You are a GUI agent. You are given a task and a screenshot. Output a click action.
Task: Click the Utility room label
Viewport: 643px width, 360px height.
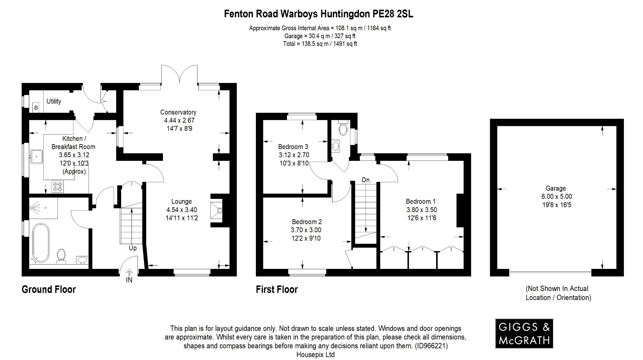[54, 101]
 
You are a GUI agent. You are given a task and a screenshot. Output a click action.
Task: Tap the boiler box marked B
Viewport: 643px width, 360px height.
[36, 108]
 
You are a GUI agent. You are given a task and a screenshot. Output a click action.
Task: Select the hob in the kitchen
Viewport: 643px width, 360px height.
[57, 187]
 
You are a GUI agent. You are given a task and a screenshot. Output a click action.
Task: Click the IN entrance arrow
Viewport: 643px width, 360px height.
[129, 273]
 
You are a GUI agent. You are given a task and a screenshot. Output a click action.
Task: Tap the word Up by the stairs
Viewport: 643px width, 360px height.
[132, 248]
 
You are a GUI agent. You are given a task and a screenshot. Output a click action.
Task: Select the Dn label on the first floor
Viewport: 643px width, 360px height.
[365, 180]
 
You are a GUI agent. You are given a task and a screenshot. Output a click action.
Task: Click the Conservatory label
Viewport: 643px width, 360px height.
[178, 112]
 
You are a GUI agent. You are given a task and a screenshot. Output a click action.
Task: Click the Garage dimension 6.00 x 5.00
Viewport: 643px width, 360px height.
[555, 197]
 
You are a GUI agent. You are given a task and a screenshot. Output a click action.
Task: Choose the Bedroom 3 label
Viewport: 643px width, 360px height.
[293, 147]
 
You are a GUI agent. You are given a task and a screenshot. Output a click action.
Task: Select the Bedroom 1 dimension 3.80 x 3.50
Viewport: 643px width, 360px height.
[421, 210]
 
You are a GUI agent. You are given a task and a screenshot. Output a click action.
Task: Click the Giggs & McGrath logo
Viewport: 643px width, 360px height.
[524, 333]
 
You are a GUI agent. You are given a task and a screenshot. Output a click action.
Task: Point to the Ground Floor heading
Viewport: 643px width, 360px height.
[49, 289]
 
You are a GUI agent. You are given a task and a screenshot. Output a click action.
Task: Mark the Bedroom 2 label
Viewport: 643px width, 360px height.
[306, 222]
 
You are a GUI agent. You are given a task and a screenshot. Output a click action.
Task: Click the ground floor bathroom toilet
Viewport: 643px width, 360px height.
[61, 255]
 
